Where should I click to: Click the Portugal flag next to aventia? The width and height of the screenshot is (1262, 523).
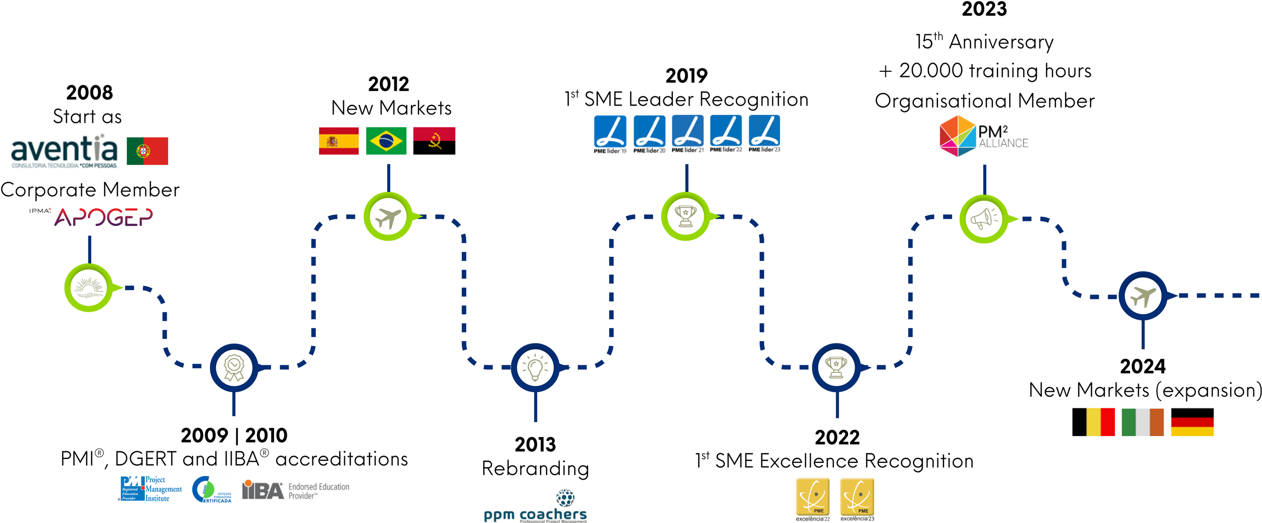(147, 151)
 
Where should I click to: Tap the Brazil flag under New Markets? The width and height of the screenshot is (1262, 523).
(386, 140)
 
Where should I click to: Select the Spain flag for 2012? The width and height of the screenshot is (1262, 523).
(339, 140)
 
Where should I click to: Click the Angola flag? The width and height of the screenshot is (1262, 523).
(434, 140)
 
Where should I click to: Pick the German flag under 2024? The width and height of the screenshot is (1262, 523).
(1192, 422)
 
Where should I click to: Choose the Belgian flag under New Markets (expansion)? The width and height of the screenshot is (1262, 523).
(1093, 422)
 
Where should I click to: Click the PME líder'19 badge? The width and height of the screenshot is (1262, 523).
(610, 134)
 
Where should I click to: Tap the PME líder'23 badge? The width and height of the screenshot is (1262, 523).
(764, 134)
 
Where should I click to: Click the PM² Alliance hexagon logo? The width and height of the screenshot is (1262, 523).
(957, 136)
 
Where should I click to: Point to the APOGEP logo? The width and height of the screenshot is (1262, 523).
(103, 217)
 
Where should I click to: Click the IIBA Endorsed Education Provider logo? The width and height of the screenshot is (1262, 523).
(295, 490)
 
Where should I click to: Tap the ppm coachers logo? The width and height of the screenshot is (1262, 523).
(536, 507)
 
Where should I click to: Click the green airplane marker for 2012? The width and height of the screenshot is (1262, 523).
(388, 217)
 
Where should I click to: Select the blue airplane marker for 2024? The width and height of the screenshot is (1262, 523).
(1143, 296)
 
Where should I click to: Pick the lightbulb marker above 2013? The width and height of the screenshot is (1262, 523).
(535, 367)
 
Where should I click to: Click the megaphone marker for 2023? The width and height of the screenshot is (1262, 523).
(984, 219)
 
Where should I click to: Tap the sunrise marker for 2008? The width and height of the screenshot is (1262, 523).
(89, 288)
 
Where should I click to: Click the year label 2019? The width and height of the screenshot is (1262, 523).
(687, 76)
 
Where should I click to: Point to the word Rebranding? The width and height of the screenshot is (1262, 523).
(536, 468)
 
